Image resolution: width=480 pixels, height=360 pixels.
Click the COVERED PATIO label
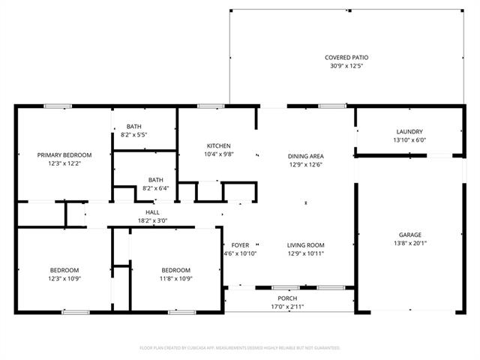[346, 58]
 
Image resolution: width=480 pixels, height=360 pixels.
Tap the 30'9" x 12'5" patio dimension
[346, 66]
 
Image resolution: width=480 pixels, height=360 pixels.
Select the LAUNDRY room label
[409, 132]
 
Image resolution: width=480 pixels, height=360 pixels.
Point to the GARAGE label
[410, 235]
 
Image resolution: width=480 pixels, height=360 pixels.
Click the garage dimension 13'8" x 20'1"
[410, 243]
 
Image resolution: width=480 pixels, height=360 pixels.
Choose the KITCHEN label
[219, 146]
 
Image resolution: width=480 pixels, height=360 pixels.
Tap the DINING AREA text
[306, 157]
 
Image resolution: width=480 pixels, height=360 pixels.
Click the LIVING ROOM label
[306, 245]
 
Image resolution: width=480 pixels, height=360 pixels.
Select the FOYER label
[240, 245]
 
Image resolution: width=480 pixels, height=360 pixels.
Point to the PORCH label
[287, 298]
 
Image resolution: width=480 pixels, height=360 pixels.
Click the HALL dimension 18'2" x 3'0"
[152, 220]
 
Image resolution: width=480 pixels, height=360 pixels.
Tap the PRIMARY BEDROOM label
[64, 155]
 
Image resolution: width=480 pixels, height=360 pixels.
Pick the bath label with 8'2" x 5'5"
[134, 127]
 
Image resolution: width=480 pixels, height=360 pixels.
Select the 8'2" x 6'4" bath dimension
[156, 188]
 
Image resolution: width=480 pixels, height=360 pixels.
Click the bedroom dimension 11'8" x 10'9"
[176, 278]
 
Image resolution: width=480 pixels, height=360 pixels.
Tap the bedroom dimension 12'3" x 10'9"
[64, 278]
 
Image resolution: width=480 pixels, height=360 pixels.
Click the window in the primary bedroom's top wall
[58, 106]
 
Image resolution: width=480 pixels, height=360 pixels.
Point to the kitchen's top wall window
[211, 106]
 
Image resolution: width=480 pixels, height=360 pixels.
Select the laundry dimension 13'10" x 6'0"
[409, 140]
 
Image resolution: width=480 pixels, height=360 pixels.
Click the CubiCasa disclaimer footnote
[240, 348]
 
